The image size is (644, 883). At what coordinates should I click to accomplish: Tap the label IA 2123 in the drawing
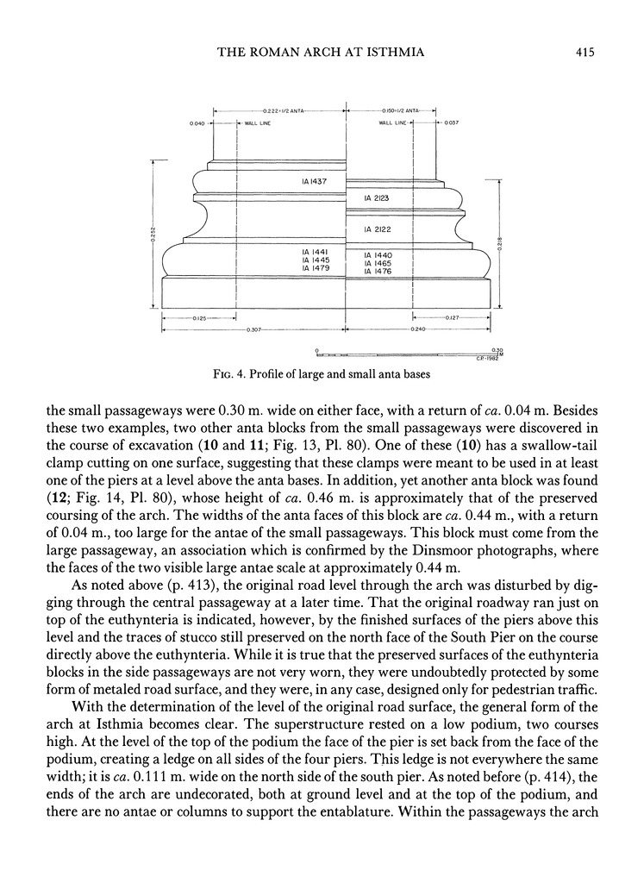(376, 198)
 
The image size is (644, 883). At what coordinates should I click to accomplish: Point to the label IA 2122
(376, 229)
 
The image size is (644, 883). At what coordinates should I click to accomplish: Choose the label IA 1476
(378, 272)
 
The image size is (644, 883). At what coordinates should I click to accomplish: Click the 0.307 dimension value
(254, 330)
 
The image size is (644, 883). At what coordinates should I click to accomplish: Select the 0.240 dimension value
(419, 330)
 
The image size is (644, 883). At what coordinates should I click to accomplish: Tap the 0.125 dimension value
(197, 319)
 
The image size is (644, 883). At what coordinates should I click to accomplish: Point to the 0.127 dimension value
(451, 319)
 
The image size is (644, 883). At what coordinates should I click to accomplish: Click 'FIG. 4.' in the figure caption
(230, 374)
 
